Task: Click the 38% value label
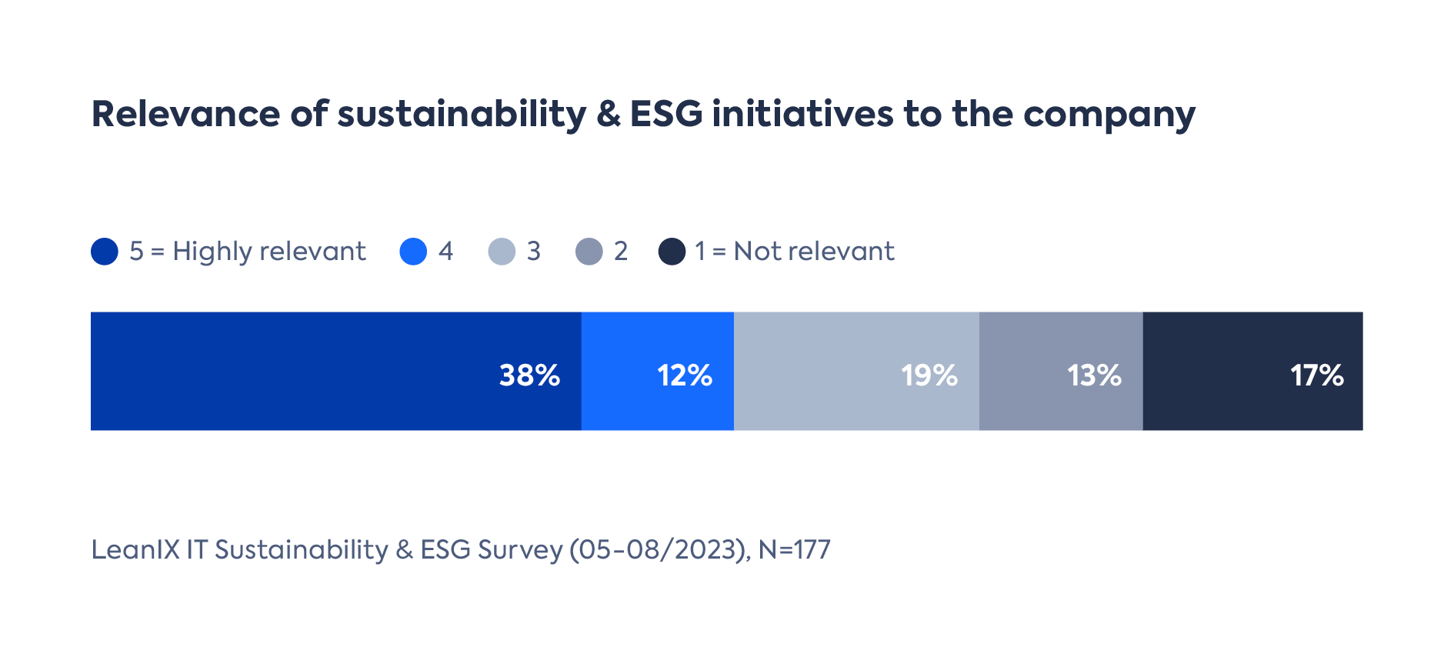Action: pos(529,375)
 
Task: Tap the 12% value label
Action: pos(684,375)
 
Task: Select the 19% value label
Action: pos(929,375)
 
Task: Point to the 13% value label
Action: pos(1093,375)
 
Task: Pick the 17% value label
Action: pos(1316,375)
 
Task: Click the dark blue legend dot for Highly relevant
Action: pos(105,252)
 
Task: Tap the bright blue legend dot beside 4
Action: pos(413,252)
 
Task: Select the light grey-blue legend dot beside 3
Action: pos(502,252)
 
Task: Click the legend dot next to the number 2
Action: pos(589,252)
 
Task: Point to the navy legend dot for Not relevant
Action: pos(672,252)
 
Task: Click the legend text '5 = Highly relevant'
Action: pos(247,252)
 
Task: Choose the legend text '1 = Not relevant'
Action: pos(794,252)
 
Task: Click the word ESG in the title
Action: pos(666,114)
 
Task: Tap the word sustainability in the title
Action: pos(462,114)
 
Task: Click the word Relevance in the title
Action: pos(185,114)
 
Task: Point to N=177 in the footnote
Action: pos(794,549)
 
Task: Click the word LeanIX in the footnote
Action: pos(135,549)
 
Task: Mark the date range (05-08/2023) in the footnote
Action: pos(659,549)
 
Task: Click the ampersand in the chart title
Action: pos(609,114)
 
